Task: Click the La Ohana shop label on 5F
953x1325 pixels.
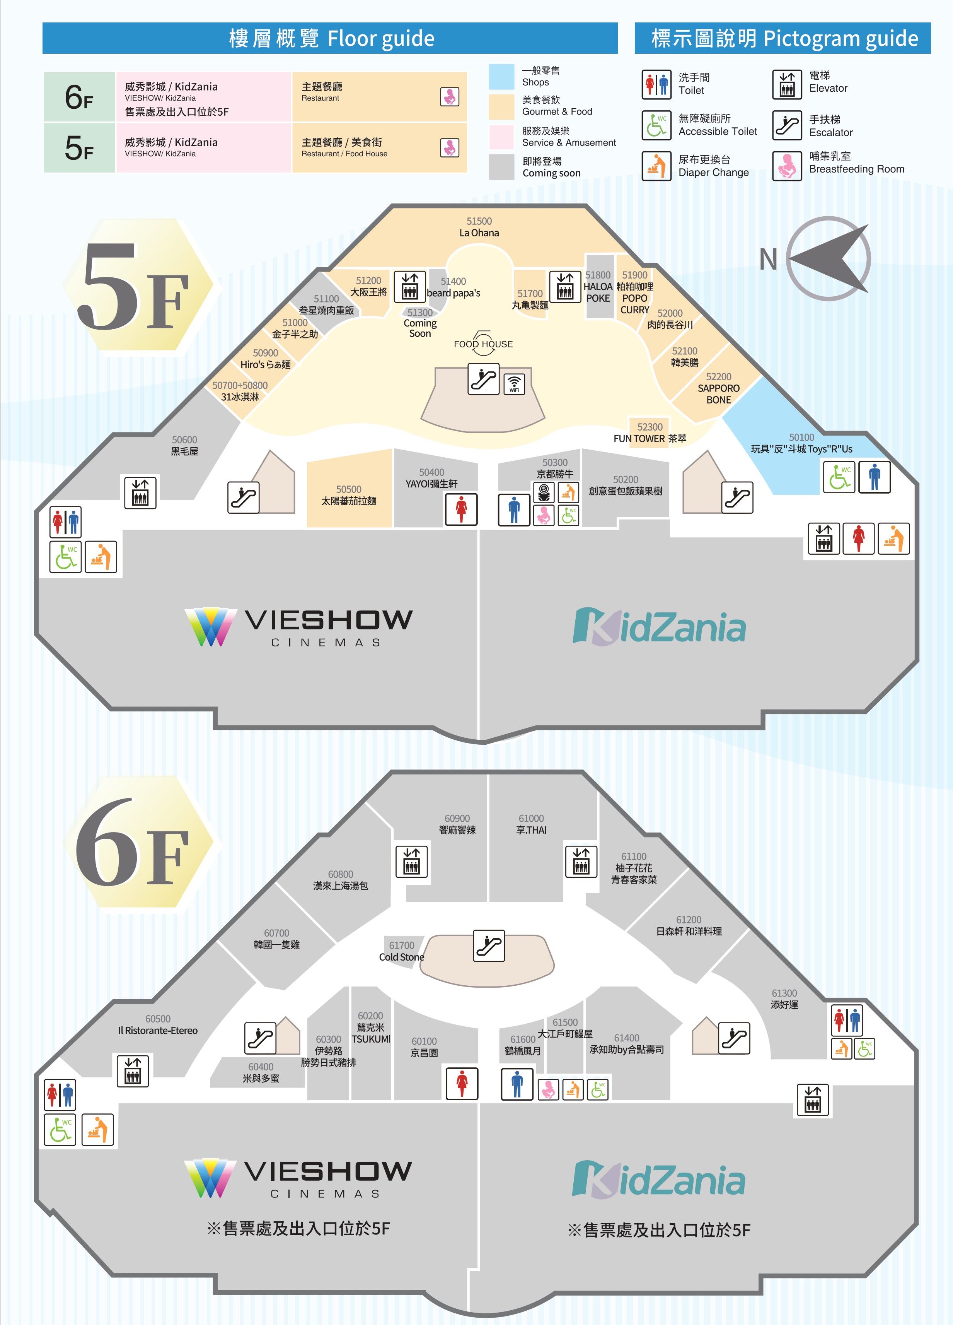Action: coord(479,233)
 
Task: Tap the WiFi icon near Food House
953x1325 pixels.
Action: coord(514,384)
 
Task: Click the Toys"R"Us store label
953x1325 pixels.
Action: coord(801,449)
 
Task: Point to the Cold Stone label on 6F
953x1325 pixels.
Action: coord(401,957)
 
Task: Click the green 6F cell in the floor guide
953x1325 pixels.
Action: coord(79,97)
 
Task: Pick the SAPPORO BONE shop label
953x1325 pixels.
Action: coord(718,394)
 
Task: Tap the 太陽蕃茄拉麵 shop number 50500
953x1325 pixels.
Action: coord(349,489)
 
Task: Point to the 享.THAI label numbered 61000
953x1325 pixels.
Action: coord(531,829)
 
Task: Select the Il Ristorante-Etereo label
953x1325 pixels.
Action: coord(158,1031)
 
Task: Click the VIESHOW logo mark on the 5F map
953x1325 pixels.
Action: coord(211,627)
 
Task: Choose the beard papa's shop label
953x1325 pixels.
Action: coord(453,293)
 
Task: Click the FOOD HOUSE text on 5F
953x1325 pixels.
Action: coord(483,344)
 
